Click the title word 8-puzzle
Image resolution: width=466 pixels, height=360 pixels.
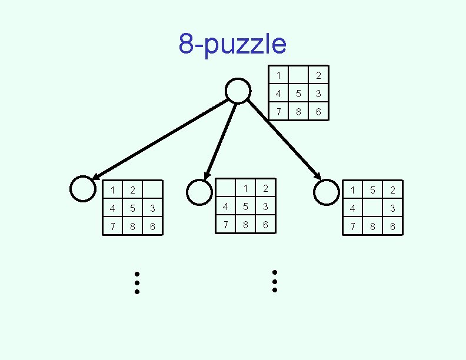232,44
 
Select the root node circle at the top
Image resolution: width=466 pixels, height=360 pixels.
238,91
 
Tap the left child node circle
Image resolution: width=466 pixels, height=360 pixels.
82,189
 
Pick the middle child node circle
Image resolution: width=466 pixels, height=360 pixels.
199,192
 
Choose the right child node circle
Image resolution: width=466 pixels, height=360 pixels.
326,192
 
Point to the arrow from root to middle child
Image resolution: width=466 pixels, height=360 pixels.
220,141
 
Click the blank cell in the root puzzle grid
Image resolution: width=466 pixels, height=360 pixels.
298,75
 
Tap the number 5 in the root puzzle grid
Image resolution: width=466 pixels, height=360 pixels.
298,94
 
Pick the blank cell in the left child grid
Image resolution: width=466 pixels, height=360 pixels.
152,190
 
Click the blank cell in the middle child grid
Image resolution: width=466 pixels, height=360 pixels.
225,188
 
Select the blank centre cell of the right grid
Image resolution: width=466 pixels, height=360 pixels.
372,208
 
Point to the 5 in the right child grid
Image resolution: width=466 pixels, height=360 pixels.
372,190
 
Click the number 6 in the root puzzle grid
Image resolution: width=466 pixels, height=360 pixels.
318,112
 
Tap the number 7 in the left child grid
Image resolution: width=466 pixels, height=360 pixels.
112,226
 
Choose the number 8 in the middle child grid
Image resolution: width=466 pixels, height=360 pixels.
245,225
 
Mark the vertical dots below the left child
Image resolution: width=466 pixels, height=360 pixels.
137,282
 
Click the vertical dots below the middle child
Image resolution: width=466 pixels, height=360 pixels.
275,281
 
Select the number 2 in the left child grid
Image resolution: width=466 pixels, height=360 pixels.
132,190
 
